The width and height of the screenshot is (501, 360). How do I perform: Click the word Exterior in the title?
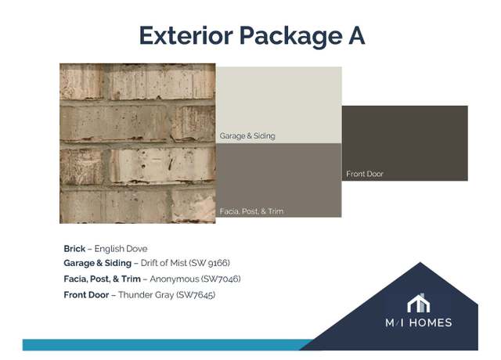[x=186, y=35]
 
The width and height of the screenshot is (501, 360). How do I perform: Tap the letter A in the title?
[x=357, y=35]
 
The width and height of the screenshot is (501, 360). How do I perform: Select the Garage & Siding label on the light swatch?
[x=247, y=135]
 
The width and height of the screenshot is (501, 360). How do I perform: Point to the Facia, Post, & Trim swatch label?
[x=251, y=211]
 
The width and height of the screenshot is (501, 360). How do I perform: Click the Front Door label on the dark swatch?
[x=365, y=174]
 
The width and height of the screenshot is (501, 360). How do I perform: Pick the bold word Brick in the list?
[x=74, y=249]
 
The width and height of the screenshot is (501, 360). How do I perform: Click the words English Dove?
[x=121, y=249]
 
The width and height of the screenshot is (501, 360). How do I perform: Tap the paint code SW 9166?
[x=210, y=263]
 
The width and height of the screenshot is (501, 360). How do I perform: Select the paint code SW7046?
[x=221, y=279]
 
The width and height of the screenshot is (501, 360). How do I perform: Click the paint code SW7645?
[x=195, y=294]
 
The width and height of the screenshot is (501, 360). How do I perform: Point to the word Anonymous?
[x=174, y=279]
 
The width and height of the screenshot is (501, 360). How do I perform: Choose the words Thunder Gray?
[x=146, y=295]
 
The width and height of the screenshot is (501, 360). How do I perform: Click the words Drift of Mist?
[x=164, y=263]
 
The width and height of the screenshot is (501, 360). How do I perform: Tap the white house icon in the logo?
[x=418, y=303]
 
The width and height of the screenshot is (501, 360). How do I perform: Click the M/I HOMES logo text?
[x=419, y=322]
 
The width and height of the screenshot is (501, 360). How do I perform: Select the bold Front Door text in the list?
[x=86, y=295]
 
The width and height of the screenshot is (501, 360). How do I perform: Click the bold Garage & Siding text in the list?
[x=97, y=263]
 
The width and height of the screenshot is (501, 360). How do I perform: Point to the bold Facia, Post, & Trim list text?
[x=103, y=279]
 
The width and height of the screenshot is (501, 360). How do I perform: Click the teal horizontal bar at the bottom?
[x=166, y=345]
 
